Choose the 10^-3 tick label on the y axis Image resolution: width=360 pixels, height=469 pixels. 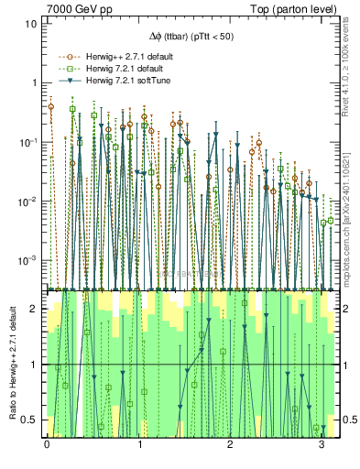click(30, 260)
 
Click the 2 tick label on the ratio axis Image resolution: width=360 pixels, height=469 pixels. click(35, 310)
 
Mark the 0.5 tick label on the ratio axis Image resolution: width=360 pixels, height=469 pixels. click(31, 420)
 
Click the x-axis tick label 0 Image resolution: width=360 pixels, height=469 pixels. click(47, 444)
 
